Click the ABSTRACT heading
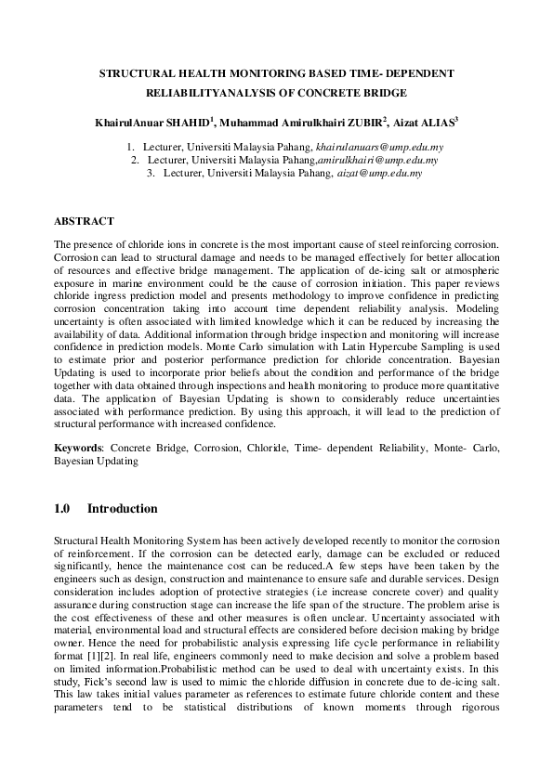(x=84, y=221)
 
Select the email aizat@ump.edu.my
(x=379, y=172)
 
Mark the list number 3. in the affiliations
(x=151, y=172)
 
